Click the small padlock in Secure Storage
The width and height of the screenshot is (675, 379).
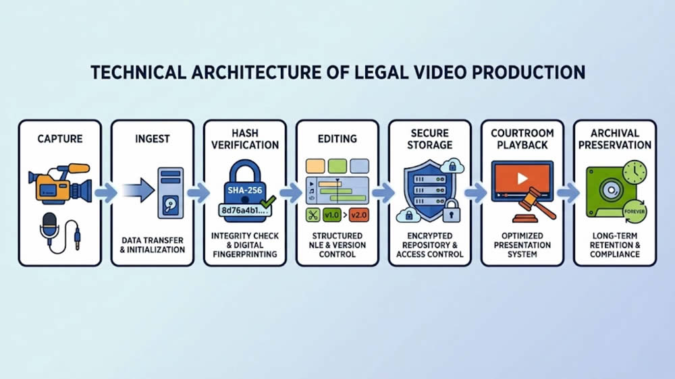point(450,210)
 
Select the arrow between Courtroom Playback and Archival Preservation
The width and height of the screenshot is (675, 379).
point(568,194)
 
